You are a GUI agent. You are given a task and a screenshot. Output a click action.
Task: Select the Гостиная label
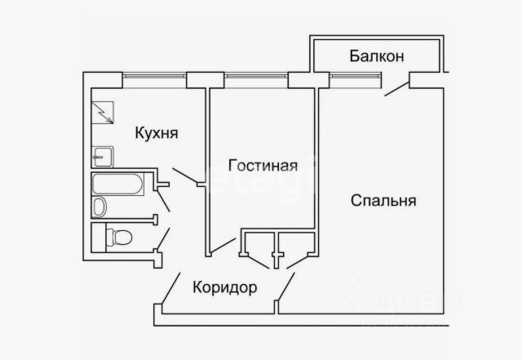pos(261,165)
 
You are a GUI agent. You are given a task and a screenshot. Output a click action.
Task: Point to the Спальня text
pos(384,199)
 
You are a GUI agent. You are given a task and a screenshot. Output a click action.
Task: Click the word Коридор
pos(225,287)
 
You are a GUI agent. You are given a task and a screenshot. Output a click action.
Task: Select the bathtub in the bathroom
pos(119,184)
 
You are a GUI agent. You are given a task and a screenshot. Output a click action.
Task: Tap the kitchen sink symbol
pos(103,156)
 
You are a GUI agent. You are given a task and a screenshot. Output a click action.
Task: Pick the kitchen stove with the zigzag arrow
pos(103,113)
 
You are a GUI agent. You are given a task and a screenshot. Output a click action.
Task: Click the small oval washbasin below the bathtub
pos(100,207)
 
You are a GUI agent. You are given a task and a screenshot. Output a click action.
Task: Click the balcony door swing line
pos(397,87)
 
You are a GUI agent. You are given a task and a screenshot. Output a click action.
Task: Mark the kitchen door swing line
pos(186,175)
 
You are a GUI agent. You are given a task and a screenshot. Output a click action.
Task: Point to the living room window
pos(256,79)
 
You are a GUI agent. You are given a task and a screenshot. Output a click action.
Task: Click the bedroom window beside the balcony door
pos(355,79)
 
